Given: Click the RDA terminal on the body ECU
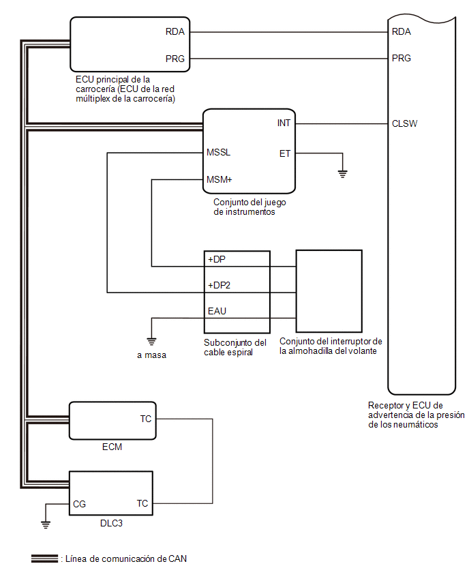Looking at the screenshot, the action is coord(175,32).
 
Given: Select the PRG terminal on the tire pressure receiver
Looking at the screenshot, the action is coord(402,58).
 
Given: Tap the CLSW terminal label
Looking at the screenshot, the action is coord(404,123).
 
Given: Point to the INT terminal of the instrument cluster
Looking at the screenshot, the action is coord(284,123).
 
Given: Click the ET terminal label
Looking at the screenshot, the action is coord(285,153).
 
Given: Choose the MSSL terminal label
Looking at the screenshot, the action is coord(219,152).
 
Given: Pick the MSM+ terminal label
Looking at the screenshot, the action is coord(220,180).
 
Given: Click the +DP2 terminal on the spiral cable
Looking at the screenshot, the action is coord(219,285).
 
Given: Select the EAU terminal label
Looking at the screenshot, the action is coord(217,311).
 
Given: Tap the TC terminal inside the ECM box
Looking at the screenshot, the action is coord(146,419).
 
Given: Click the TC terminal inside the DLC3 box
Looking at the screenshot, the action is coord(142,503).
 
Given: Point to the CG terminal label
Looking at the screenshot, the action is coord(79,505).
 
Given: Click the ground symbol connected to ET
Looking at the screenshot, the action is coord(343,173).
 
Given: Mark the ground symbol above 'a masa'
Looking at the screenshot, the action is coord(151,341).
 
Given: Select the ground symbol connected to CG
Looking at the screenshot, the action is coord(46,524).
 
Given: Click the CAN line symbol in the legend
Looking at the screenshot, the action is coord(44,558).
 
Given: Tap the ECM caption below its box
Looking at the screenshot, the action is coord(112,447).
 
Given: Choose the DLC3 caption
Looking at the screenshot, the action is coord(111,524).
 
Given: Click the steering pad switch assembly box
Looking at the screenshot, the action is coord(329,250).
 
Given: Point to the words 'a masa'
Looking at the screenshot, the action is coord(151,355).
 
